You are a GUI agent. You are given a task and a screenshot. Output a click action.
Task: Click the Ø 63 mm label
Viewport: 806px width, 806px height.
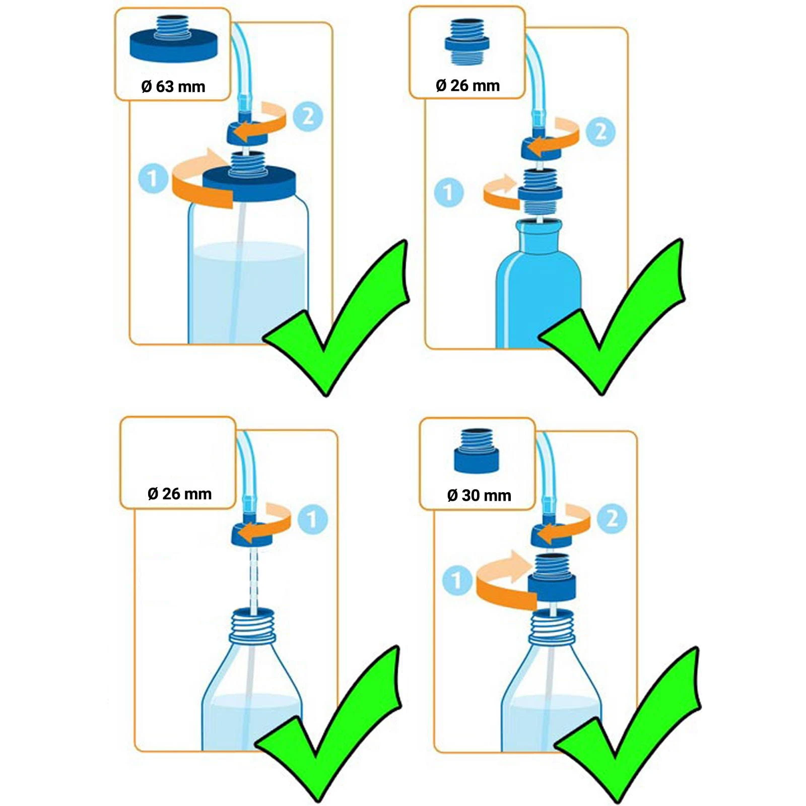[173, 87]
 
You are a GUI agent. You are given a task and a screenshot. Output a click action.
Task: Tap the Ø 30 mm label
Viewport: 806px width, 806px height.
[479, 495]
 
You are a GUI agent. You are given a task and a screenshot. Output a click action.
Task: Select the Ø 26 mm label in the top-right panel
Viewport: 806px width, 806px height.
[467, 86]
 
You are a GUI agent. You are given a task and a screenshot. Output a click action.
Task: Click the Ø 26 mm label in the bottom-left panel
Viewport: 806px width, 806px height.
[179, 494]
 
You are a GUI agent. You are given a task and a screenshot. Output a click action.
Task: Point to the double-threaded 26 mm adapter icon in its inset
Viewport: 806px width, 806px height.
[467, 42]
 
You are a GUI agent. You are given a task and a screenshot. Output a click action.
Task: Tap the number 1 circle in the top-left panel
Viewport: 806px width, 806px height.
[153, 178]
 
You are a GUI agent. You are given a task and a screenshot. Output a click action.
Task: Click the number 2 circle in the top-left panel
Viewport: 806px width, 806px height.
[308, 117]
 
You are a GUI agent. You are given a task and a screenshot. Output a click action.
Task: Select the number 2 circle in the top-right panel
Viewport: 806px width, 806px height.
[601, 131]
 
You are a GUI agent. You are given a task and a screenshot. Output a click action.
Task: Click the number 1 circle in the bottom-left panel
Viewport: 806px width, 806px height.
[312, 519]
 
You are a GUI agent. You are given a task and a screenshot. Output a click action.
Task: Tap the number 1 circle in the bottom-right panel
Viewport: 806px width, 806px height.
[457, 580]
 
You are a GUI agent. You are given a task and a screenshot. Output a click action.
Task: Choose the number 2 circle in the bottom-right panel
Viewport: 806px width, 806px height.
[612, 518]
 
